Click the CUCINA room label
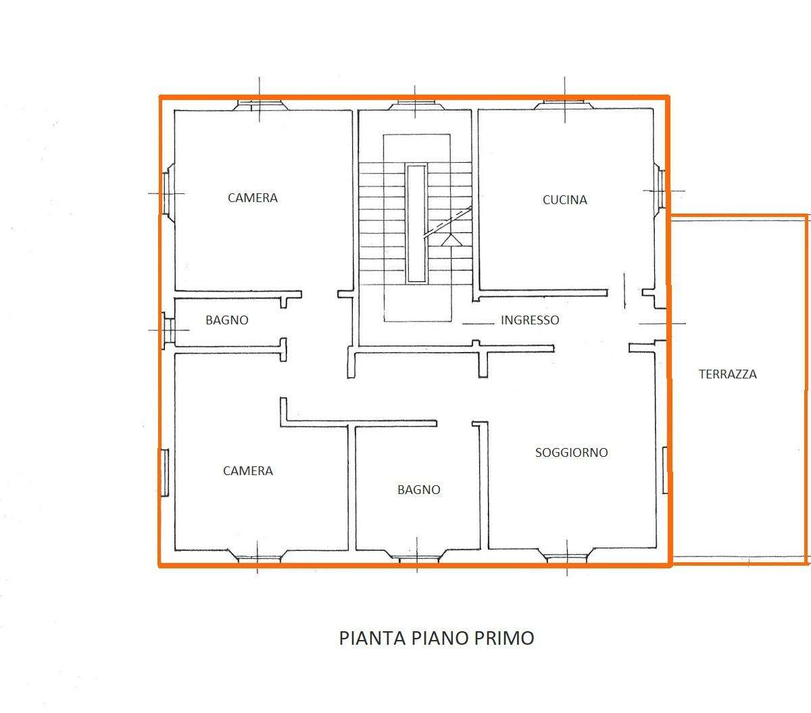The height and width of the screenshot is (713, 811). coord(565,200)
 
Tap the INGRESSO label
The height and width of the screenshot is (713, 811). coord(530,320)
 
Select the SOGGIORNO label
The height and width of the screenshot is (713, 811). coord(572,452)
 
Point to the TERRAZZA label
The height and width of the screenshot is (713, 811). coord(728,374)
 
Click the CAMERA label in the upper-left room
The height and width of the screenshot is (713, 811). coord(253,198)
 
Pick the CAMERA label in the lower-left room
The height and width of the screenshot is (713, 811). coord(248,471)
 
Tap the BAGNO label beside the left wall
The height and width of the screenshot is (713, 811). coord(227,320)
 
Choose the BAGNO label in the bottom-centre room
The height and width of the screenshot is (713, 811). coord(419,489)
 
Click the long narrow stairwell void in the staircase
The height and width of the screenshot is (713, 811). coord(417,224)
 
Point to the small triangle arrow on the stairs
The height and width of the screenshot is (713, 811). coord(452,240)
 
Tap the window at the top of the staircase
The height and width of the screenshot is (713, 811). coord(415,105)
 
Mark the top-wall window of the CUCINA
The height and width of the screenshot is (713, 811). coord(564,105)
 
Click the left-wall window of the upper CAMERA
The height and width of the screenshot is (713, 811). coord(168,193)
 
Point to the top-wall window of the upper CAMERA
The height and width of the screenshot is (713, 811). coord(260,105)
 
